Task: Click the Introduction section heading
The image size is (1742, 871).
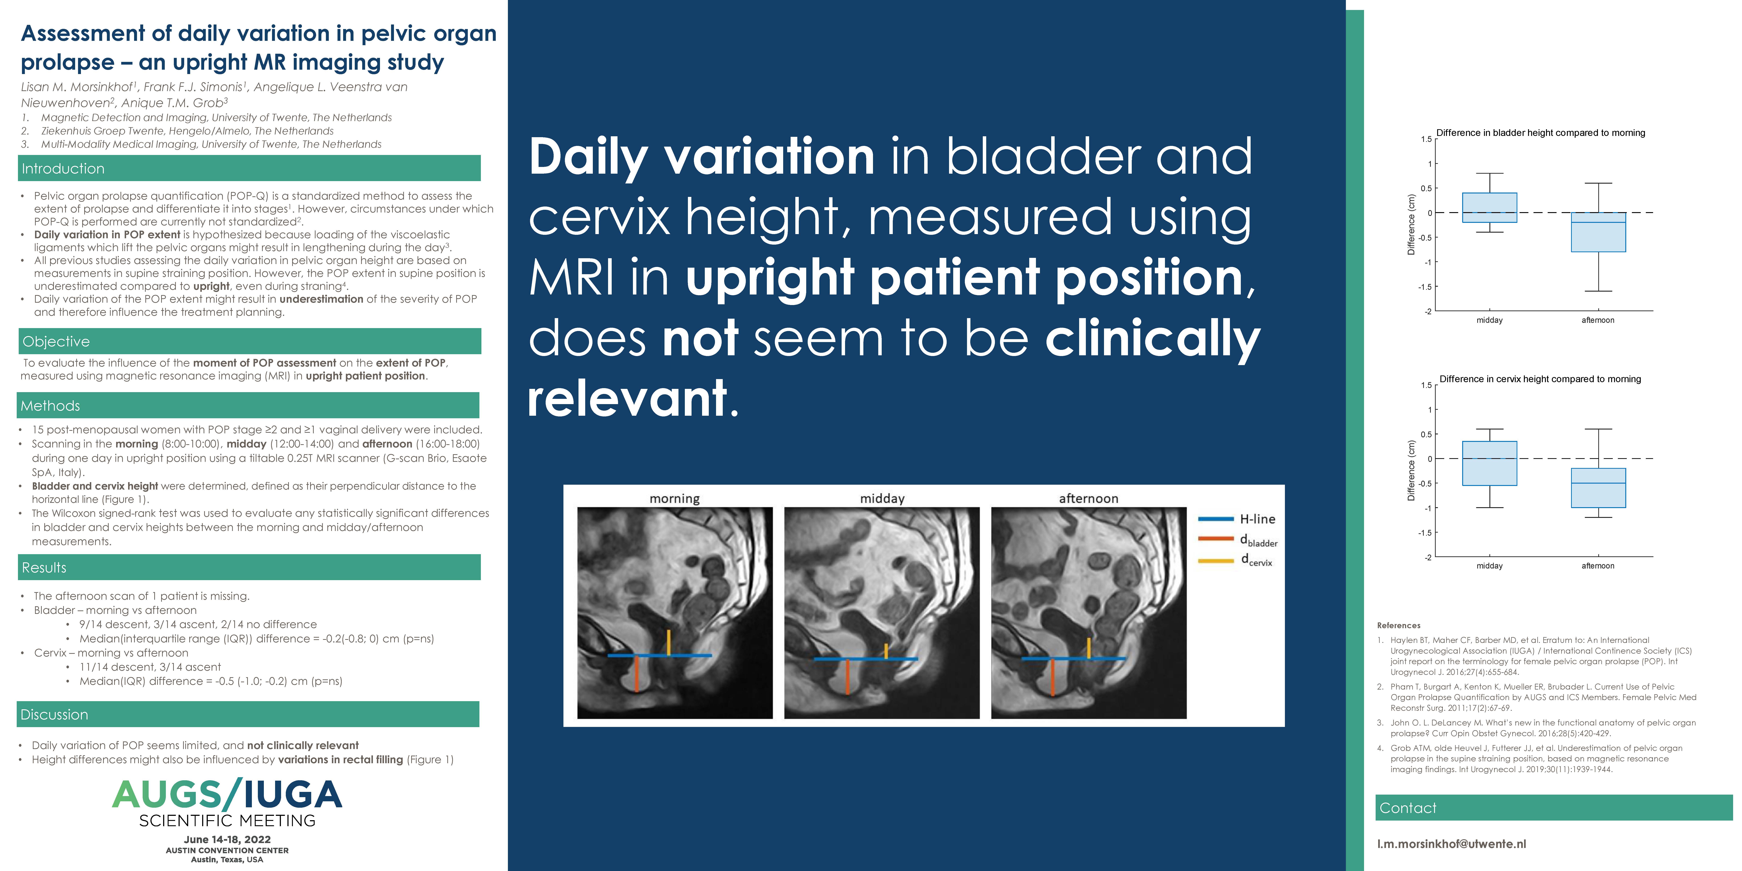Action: coord(63,168)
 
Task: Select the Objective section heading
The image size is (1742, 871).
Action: coord(56,342)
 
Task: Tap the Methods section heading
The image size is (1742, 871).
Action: coord(50,406)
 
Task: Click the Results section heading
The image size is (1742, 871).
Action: coord(44,567)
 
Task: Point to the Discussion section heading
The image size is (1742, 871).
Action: coord(54,715)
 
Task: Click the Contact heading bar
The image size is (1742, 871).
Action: coord(1553,807)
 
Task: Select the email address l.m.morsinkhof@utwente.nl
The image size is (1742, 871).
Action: coord(1451,844)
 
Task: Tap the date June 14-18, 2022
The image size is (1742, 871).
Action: coord(227,839)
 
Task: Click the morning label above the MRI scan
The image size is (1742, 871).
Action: coord(674,498)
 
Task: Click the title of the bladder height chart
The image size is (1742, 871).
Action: coord(1540,132)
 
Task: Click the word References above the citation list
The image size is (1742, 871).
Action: coord(1398,625)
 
